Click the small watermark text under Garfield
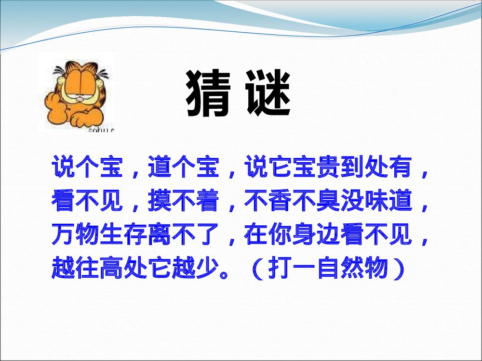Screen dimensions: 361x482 102,129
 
